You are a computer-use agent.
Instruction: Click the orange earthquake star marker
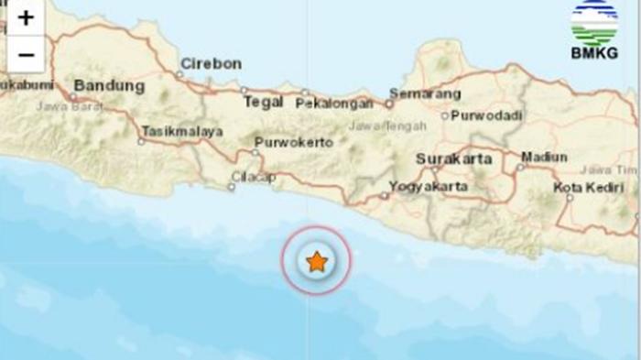[x=316, y=261]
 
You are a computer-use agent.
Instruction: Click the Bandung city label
[x=109, y=86]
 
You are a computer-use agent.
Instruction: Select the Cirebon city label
[x=211, y=63]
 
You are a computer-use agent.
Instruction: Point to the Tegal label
[x=263, y=102]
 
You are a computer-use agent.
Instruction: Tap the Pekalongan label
[x=334, y=104]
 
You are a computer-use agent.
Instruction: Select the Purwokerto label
[x=293, y=142]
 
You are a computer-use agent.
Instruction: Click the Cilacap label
[x=254, y=176]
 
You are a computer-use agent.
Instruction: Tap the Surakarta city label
[x=453, y=158]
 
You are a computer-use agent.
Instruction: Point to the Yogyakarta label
[x=429, y=186]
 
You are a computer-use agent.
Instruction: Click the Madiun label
[x=544, y=157]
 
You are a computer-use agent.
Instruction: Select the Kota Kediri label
[x=588, y=188]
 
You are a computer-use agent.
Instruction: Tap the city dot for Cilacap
[x=231, y=187]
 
